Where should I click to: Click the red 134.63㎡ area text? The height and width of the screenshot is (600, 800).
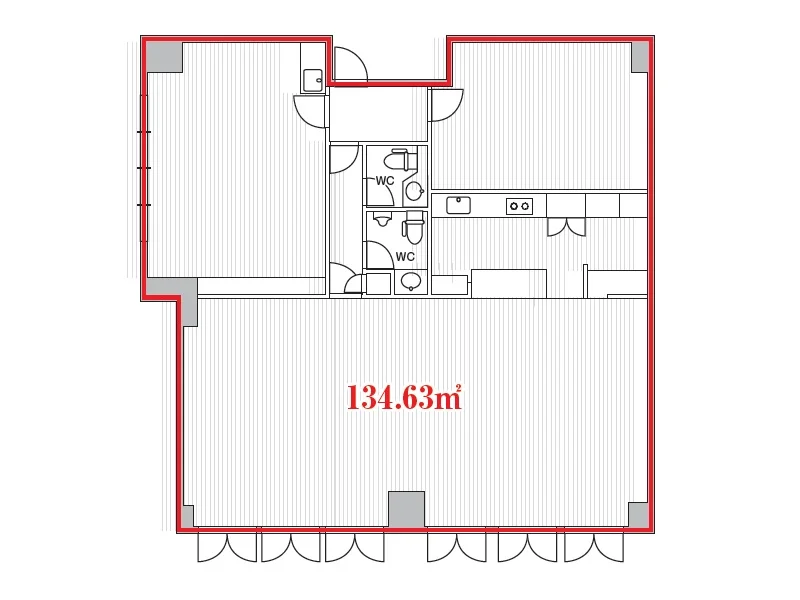tap(404, 397)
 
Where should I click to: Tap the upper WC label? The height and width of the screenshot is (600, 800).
tap(385, 181)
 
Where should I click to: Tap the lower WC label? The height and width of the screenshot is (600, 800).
tap(405, 256)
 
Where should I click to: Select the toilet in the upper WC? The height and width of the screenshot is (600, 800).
tap(401, 159)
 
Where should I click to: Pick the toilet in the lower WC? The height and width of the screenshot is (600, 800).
tap(413, 228)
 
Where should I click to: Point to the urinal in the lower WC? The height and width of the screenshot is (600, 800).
tap(381, 219)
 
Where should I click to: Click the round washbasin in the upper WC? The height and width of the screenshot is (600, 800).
tap(414, 191)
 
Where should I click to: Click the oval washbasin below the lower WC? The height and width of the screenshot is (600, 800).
tap(411, 281)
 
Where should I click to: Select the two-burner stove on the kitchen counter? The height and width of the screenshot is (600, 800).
tap(519, 206)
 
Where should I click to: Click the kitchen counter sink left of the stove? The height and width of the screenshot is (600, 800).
tap(458, 205)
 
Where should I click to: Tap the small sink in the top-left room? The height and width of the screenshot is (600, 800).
tap(312, 81)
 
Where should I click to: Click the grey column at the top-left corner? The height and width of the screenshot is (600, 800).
tap(164, 57)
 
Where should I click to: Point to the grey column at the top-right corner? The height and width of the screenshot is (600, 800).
tap(640, 57)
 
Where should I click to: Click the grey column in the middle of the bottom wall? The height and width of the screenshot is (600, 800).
tap(407, 509)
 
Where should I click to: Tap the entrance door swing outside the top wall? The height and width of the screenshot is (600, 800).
tap(351, 64)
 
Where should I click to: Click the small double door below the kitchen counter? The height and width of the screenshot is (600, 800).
tap(566, 227)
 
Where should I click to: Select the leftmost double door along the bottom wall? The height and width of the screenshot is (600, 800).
tap(227, 546)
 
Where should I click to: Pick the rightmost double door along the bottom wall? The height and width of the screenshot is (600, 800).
tap(594, 546)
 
